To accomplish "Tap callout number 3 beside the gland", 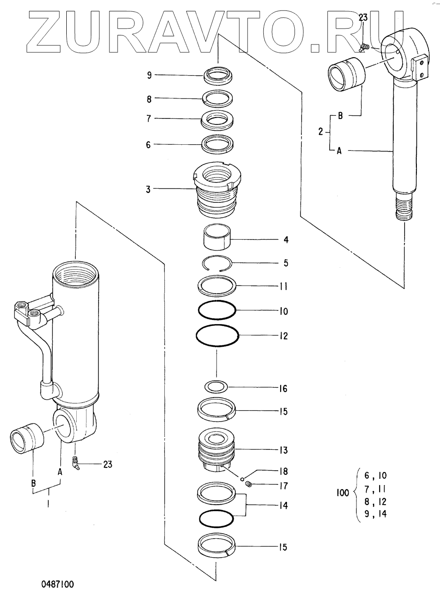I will click(148, 189).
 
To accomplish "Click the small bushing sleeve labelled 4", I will click(217, 239).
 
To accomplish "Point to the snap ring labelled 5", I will click(218, 263).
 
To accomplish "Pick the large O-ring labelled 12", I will click(217, 336).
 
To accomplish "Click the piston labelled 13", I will click(217, 450).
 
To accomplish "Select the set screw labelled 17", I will click(248, 486).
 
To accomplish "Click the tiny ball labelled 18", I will click(243, 478).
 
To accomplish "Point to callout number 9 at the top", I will click(149, 75).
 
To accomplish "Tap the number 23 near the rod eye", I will click(363, 18).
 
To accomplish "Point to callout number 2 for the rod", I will click(321, 132).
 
